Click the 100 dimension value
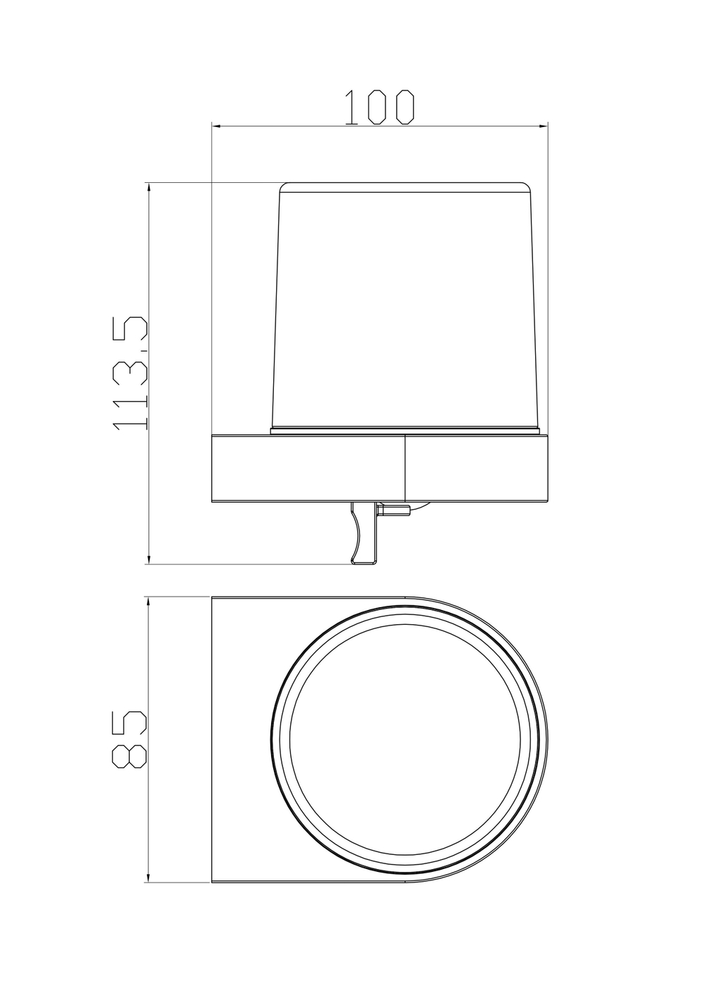(379, 107)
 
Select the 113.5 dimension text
(130, 373)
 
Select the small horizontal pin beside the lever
(394, 509)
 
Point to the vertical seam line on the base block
(405, 469)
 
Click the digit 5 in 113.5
(130, 332)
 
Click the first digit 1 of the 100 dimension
(349, 107)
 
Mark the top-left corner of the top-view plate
(213, 598)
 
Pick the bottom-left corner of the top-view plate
(213, 882)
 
